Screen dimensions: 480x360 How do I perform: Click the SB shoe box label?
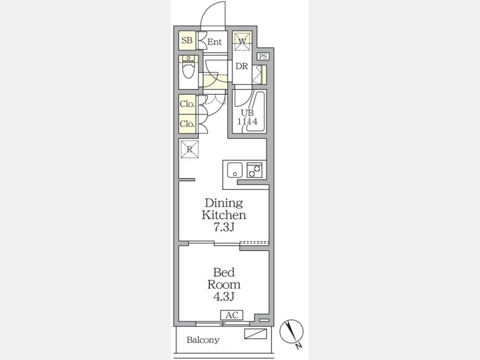pyautogui.click(x=187, y=41)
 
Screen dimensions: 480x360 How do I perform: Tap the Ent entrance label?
pyautogui.click(x=214, y=42)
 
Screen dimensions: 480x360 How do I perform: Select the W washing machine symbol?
pyautogui.click(x=242, y=41)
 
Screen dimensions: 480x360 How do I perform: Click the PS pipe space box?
pyautogui.click(x=263, y=57)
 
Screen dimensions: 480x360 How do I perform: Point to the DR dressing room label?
pyautogui.click(x=242, y=66)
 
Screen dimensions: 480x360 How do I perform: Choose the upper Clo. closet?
pyautogui.click(x=187, y=104)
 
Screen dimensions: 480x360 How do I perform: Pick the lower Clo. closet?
pyautogui.click(x=187, y=124)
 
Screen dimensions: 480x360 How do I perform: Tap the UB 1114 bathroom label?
pyautogui.click(x=247, y=117)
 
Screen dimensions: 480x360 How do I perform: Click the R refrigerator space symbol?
pyautogui.click(x=190, y=149)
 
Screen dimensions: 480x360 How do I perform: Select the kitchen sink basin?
pyautogui.click(x=235, y=170)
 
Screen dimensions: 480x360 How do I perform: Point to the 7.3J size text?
pyautogui.click(x=224, y=227)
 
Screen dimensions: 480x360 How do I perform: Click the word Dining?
pyautogui.click(x=224, y=204)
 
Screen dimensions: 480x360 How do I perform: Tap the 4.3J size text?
pyautogui.click(x=224, y=297)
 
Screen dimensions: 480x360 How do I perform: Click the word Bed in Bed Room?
pyautogui.click(x=224, y=272)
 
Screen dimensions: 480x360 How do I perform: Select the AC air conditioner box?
pyautogui.click(x=232, y=315)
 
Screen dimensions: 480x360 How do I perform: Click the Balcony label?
pyautogui.click(x=203, y=340)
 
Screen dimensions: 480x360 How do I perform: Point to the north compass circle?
pyautogui.click(x=291, y=331)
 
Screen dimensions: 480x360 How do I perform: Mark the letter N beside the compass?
pyautogui.click(x=299, y=346)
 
